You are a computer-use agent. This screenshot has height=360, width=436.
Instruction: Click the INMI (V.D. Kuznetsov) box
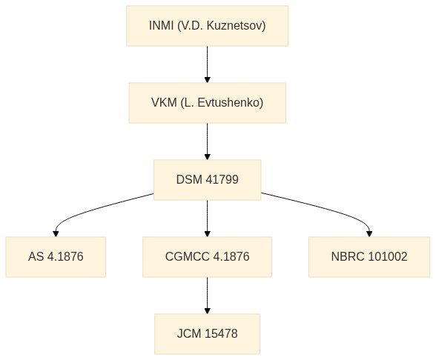click(x=207, y=26)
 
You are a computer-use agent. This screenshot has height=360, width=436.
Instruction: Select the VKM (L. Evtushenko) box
click(x=207, y=103)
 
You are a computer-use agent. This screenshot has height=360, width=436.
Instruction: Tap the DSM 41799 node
click(x=207, y=180)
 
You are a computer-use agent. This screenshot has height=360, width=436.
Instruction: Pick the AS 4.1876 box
click(x=56, y=257)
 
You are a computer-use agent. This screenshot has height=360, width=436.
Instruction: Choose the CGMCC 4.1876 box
click(x=207, y=257)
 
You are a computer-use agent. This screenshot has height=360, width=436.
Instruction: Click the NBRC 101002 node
click(x=369, y=257)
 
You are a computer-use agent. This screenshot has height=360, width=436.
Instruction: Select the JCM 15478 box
click(x=207, y=334)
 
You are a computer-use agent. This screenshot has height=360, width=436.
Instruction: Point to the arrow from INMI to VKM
click(x=207, y=64)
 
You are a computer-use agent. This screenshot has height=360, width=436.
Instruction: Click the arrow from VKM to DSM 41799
click(x=207, y=141)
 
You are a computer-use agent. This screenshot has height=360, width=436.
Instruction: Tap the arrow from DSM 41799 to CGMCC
click(x=207, y=219)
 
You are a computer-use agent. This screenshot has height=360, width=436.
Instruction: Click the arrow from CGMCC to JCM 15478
click(x=207, y=296)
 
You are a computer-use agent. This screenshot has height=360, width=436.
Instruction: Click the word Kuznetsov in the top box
click(x=237, y=26)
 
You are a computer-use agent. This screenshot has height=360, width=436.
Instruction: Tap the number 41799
click(x=222, y=180)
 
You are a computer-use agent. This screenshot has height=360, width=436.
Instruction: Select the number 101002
click(x=388, y=256)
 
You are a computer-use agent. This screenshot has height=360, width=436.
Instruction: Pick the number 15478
click(x=221, y=333)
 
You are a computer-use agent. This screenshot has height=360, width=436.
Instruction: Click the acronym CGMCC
click(x=187, y=256)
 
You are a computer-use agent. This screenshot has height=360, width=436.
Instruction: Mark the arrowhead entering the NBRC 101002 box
click(x=369, y=234)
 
